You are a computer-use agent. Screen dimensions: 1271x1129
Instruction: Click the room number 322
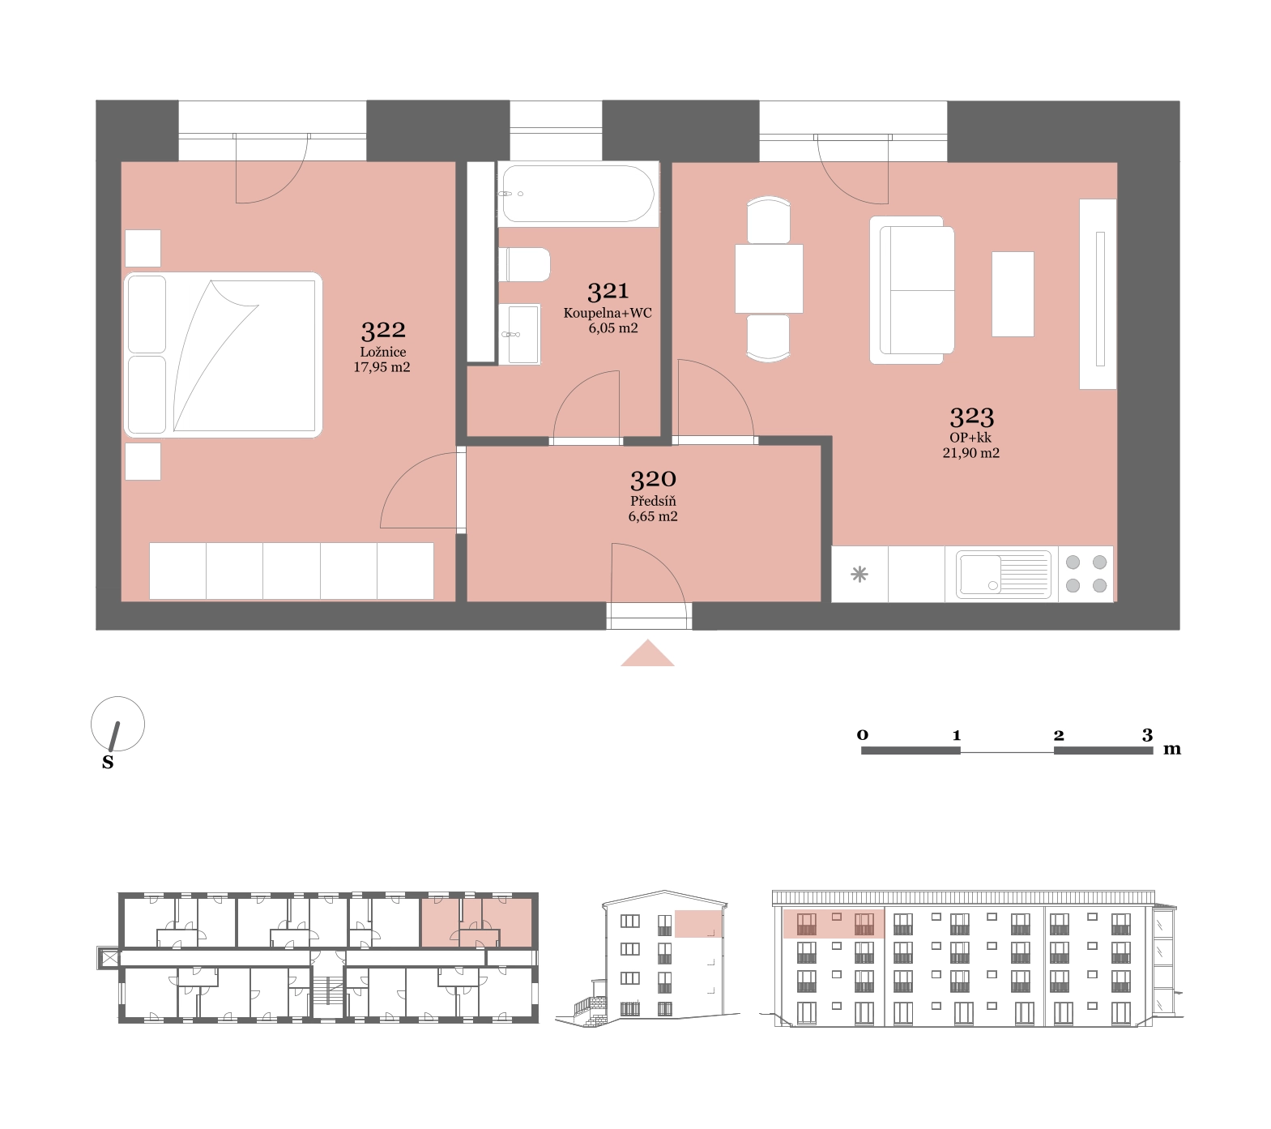383,330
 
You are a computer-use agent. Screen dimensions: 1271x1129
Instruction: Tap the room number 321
608,291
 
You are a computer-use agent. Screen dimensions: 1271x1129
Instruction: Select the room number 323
971,417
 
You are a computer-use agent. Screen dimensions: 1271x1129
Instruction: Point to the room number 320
653,479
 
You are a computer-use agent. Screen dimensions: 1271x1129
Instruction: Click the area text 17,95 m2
382,367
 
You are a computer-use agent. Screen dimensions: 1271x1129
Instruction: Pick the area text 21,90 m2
970,453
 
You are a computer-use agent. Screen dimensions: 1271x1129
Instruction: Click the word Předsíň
653,501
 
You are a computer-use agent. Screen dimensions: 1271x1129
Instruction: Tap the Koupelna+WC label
608,313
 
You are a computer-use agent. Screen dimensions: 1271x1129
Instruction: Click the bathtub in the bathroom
578,194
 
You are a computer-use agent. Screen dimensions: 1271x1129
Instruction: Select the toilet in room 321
525,265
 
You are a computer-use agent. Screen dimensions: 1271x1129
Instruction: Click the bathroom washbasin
519,334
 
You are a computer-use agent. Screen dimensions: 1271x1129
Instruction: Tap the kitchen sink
1003,574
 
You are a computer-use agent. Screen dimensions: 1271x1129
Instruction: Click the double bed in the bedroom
224,355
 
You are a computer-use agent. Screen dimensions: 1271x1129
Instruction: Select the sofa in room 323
912,289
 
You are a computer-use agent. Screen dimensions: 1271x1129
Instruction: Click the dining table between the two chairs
769,278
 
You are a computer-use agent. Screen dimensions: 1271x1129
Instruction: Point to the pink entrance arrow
647,653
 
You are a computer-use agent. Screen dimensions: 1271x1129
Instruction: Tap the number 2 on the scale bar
1059,735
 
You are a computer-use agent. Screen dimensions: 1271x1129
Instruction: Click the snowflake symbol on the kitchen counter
859,575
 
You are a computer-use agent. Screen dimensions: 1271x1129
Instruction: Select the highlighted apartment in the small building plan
477,922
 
